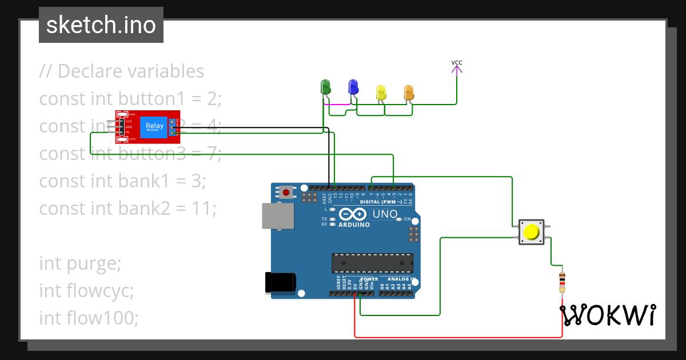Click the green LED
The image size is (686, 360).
pyautogui.click(x=326, y=87)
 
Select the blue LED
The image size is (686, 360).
pyautogui.click(x=353, y=87)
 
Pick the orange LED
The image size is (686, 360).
pyautogui.click(x=408, y=92)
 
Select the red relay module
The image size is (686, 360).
pyautogui.click(x=147, y=126)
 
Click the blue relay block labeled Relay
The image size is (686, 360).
pyautogui.click(x=154, y=126)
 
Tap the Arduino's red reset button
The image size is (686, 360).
pyautogui.click(x=285, y=192)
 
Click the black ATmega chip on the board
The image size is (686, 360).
pyautogui.click(x=372, y=263)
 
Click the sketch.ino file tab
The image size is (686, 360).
pyautogui.click(x=101, y=25)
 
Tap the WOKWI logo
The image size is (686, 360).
pyautogui.click(x=608, y=315)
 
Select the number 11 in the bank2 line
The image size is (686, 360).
pyautogui.click(x=204, y=209)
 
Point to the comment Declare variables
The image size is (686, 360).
pyautogui.click(x=131, y=71)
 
